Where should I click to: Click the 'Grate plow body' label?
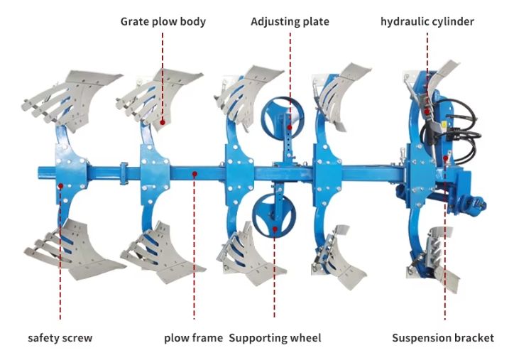tap(163, 21)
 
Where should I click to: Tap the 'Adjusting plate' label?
tap(290, 21)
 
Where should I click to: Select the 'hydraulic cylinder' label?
tap(427, 21)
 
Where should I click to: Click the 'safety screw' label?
tap(60, 338)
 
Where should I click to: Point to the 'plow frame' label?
tap(194, 338)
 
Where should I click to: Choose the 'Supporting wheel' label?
tap(275, 338)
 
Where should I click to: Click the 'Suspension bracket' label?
tap(443, 338)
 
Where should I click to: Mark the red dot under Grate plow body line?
tap(163, 122)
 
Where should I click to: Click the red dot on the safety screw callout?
tap(60, 186)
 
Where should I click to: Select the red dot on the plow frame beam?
tap(195, 172)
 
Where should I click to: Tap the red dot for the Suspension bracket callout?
tap(445, 158)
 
